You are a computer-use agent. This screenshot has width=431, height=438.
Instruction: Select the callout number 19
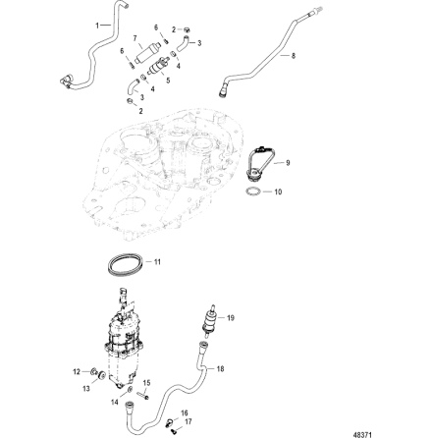232,317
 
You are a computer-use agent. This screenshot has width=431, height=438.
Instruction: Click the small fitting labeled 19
209,319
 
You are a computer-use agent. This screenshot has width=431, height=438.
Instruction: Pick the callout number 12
76,371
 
